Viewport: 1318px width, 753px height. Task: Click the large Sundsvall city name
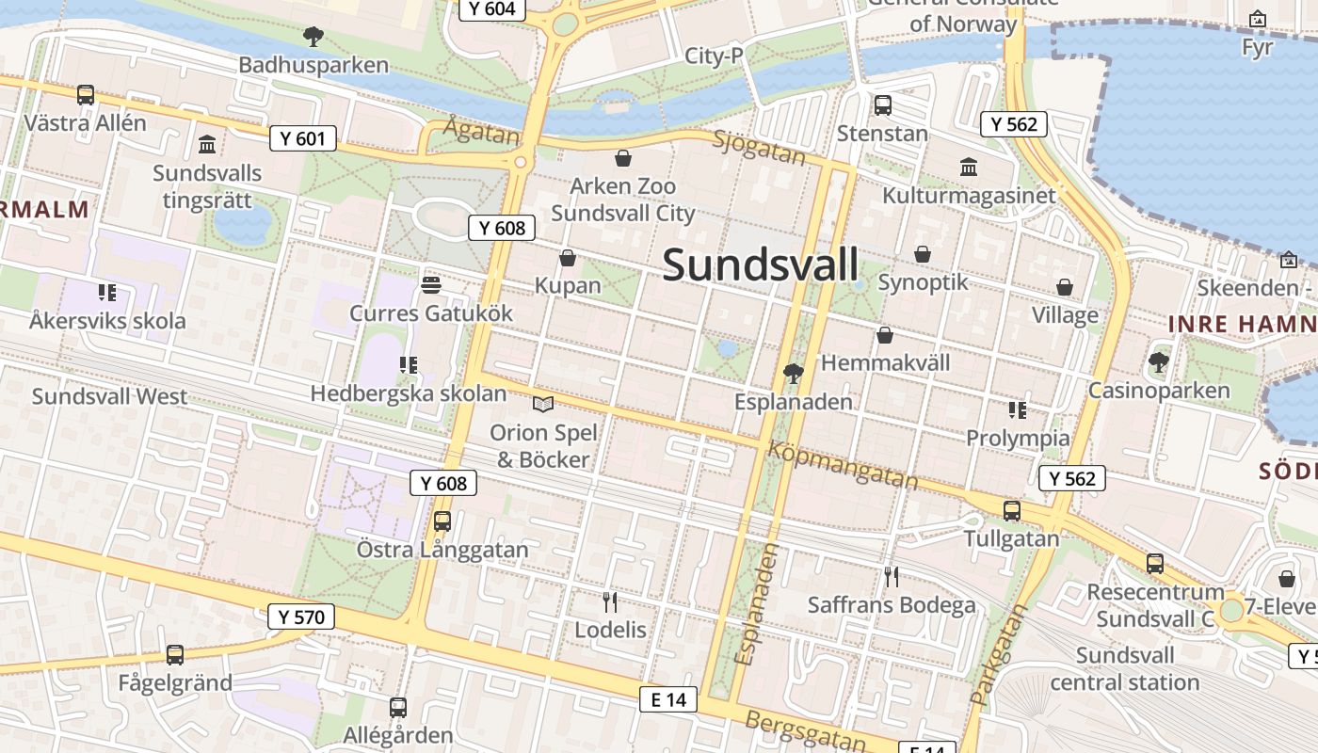click(x=761, y=264)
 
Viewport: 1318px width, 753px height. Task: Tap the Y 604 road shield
click(x=491, y=9)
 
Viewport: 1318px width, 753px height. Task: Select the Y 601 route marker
click(x=303, y=139)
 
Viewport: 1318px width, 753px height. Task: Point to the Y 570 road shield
click(x=301, y=617)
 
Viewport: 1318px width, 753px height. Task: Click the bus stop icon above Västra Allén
click(x=86, y=94)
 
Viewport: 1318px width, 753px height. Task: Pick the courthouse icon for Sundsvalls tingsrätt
click(x=207, y=145)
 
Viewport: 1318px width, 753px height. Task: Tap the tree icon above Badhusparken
click(x=313, y=37)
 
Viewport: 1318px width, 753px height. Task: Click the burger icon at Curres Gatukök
click(x=431, y=284)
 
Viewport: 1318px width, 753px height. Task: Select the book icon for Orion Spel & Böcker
click(x=543, y=404)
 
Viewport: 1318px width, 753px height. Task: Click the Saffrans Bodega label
click(x=892, y=605)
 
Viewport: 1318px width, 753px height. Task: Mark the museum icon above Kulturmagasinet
click(x=969, y=168)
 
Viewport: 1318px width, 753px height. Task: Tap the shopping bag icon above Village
click(x=1065, y=287)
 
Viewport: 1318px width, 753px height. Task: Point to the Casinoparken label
click(x=1159, y=390)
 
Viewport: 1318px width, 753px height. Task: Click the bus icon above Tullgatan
click(x=1012, y=511)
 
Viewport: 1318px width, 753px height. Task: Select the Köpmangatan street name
click(x=843, y=465)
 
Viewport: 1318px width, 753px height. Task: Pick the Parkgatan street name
click(x=998, y=655)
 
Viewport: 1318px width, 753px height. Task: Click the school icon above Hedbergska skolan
click(x=409, y=364)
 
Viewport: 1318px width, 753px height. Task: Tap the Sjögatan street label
click(x=759, y=148)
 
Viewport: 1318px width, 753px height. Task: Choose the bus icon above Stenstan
click(x=883, y=105)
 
